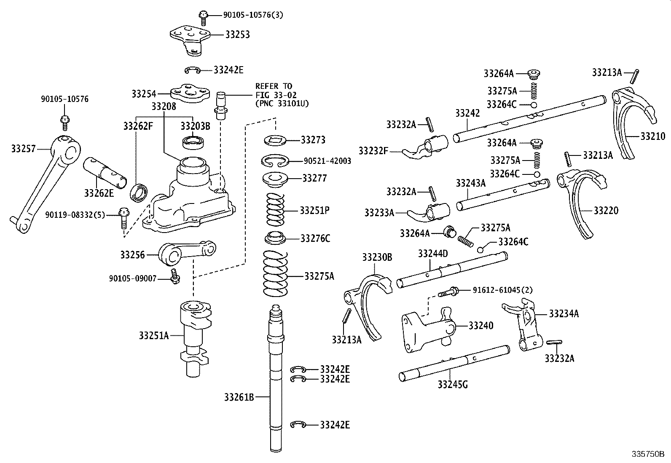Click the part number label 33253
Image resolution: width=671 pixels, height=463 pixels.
(237, 35)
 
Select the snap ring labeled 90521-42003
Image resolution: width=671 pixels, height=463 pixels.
(276, 161)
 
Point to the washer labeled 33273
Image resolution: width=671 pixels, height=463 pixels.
(276, 139)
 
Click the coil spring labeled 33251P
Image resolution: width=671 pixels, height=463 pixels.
(276, 209)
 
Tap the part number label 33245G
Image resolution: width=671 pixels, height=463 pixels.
(452, 384)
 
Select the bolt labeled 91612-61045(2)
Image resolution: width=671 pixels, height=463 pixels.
(448, 291)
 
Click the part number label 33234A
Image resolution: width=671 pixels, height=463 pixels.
(564, 313)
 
